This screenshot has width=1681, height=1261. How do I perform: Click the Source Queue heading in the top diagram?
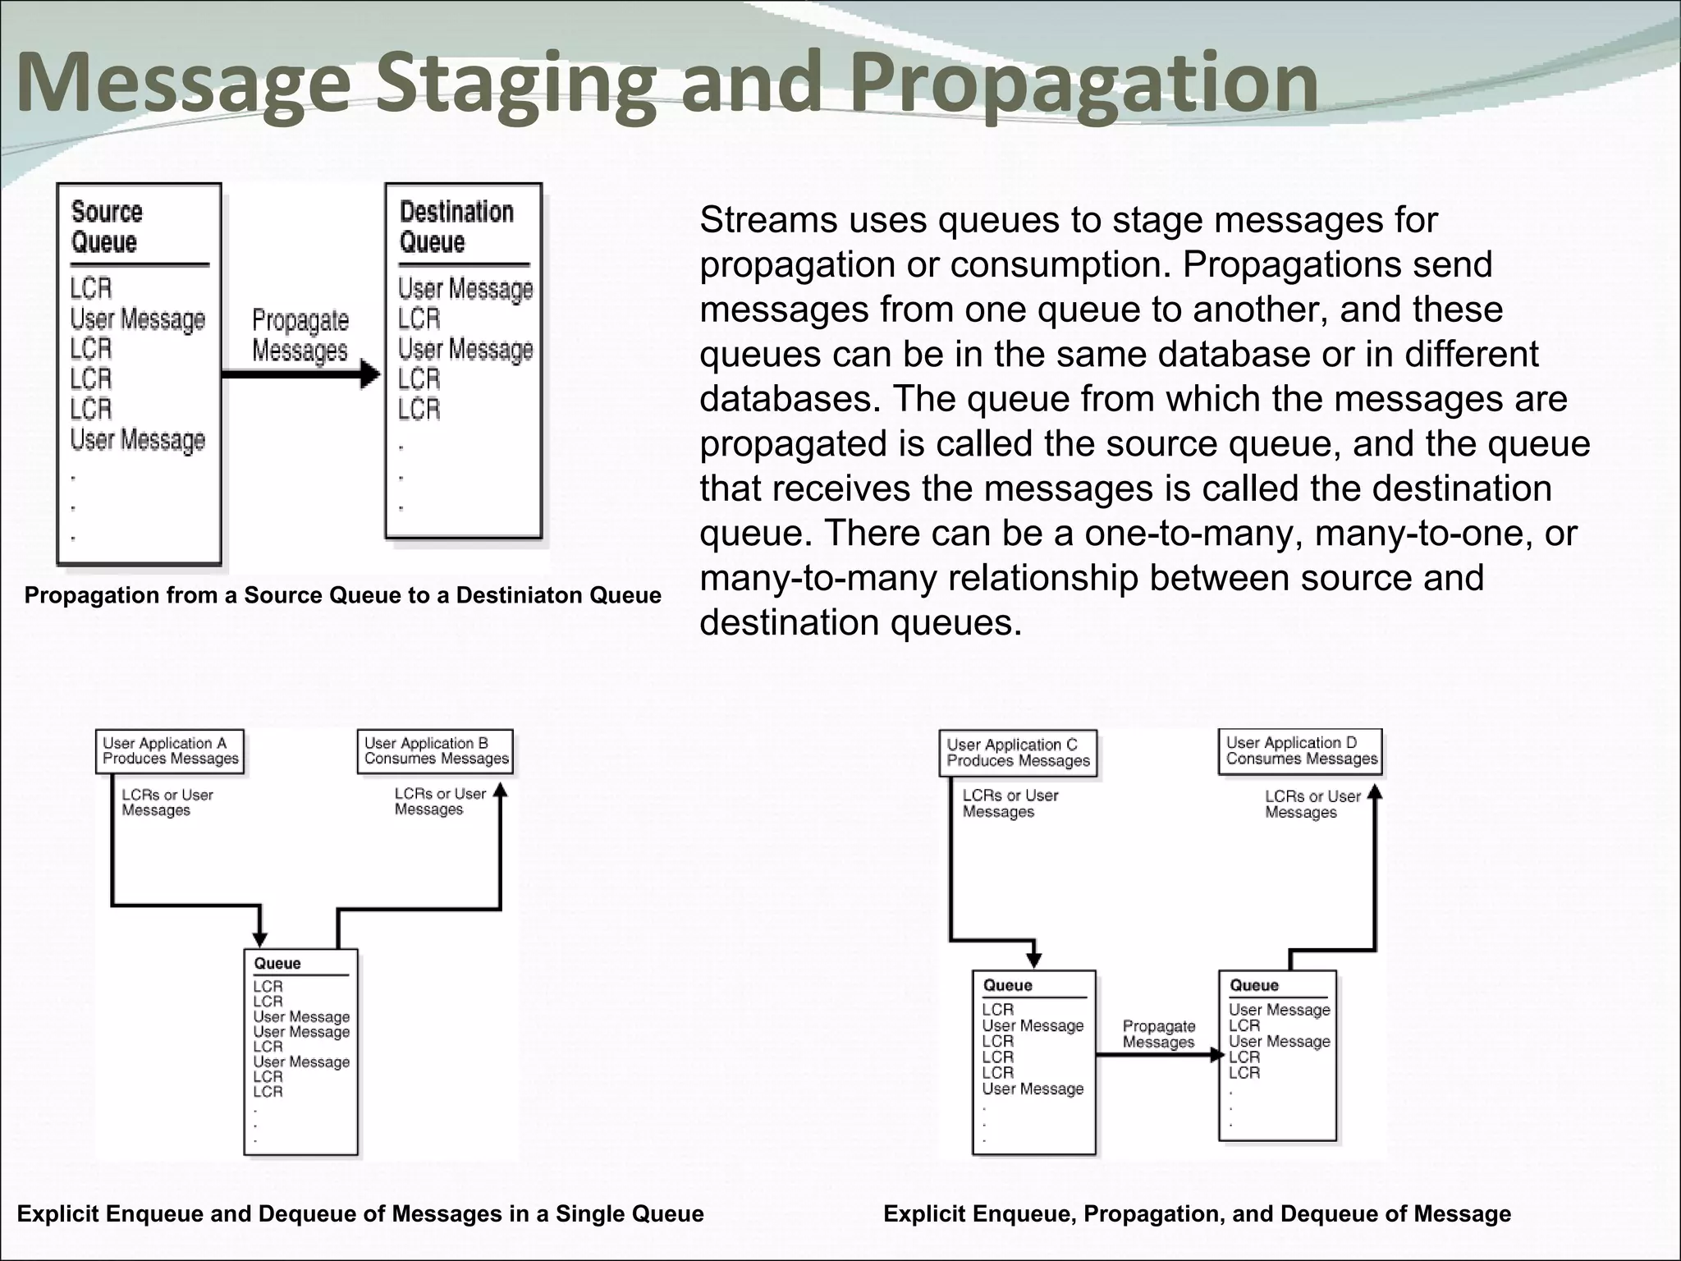107,227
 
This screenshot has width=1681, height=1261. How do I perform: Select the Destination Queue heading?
456,227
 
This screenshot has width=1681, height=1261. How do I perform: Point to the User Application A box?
170,751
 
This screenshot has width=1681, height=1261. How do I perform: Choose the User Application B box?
436,751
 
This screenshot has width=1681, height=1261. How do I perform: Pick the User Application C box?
1018,753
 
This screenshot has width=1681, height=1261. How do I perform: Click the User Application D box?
1301,751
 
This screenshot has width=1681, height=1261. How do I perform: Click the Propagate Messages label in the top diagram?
300,335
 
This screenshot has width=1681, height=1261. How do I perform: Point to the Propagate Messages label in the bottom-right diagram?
1158,1034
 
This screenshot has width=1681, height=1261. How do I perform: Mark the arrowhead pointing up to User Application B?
501,791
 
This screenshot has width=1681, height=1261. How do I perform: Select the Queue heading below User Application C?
1007,985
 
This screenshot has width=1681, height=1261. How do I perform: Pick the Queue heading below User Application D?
1253,985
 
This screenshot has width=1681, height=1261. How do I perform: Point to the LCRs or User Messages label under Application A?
167,803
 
